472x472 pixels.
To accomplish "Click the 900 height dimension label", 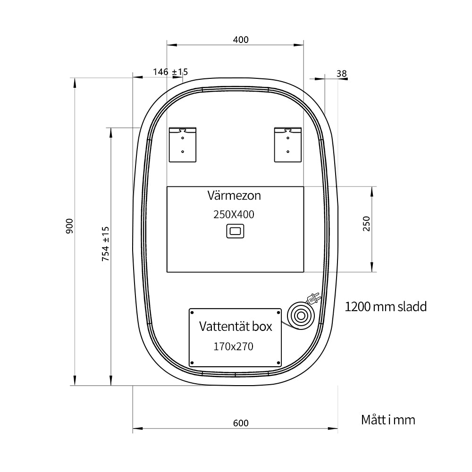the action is tap(69, 226).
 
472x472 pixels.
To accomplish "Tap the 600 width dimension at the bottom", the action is tap(241, 423).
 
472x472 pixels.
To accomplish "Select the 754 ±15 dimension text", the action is tap(105, 244).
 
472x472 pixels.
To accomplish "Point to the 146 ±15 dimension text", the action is tap(170, 72).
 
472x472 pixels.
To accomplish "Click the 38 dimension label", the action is tap(342, 74).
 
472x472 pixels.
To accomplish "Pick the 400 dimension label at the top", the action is tap(241, 40).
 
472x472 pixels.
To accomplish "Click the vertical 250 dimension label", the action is tap(366, 223).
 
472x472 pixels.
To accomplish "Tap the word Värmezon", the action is tap(234, 195).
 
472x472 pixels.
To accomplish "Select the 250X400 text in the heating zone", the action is tap(234, 214).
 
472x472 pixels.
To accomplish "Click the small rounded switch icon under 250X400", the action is tap(235, 231).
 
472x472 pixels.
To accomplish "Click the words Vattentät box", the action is tap(236, 326).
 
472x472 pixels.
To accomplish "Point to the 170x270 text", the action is tap(233, 346).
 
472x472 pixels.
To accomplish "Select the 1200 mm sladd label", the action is tap(386, 307).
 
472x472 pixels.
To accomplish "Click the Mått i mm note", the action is tap(388, 420).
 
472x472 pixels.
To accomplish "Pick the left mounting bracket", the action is tap(182, 144).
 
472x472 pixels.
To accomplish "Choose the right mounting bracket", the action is tap(288, 144).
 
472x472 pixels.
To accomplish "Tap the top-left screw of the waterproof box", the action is tap(192, 313).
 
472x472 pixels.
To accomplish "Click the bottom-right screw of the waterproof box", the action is tap(278, 363).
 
